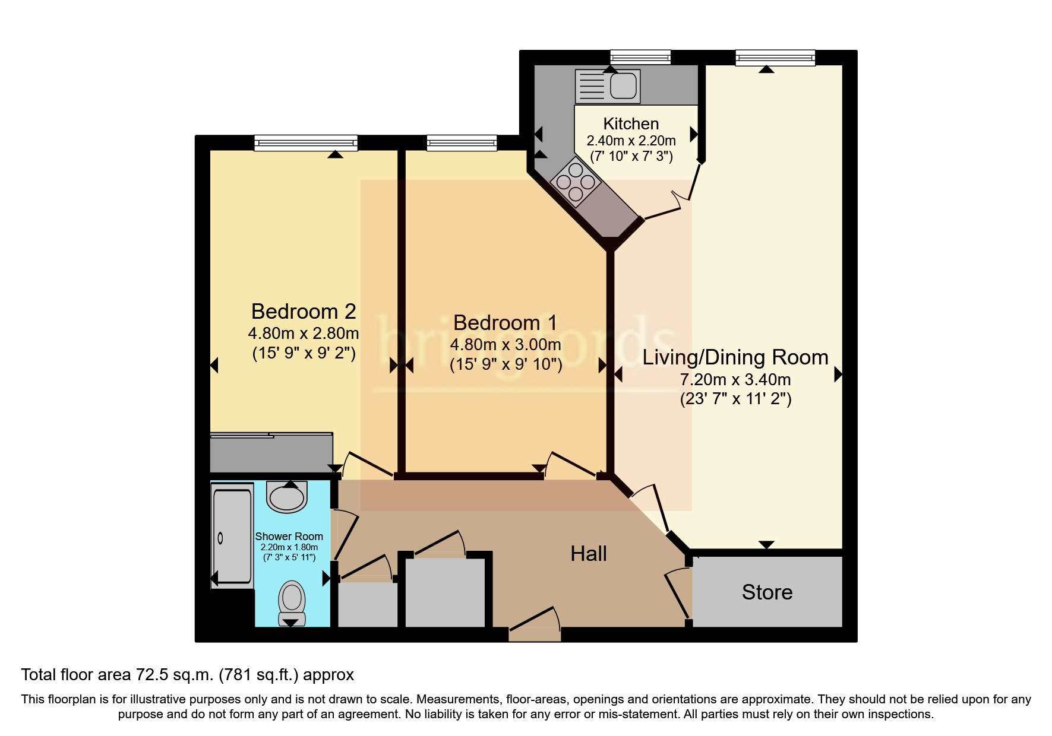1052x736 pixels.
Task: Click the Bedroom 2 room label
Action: [303, 312]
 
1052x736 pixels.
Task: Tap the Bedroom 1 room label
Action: [505, 323]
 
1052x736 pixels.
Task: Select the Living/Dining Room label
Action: [735, 357]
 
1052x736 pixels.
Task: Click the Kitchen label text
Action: [631, 123]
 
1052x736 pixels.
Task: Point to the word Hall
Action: [588, 554]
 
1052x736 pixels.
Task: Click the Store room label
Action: [767, 592]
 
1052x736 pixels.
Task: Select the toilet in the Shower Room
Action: [292, 598]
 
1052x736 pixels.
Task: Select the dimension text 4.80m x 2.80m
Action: [303, 334]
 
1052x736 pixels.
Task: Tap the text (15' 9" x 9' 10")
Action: [506, 364]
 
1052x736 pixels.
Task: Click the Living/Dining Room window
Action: [775, 58]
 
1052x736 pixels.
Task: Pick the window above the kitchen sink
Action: [640, 58]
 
